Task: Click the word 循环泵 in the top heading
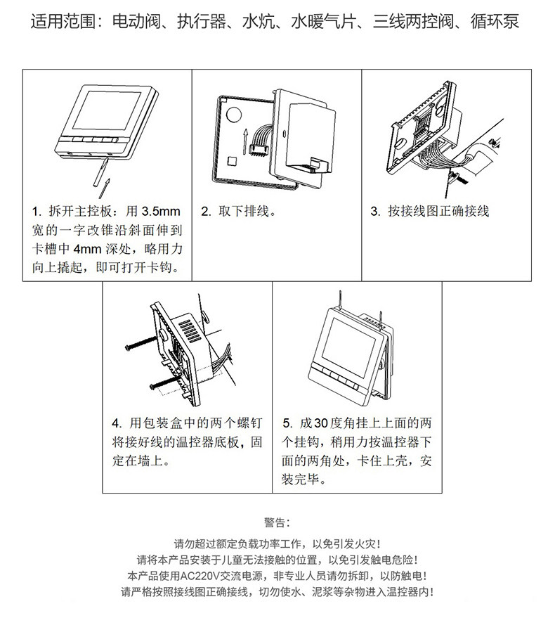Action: [x=495, y=22]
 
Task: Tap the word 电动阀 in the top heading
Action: [x=136, y=22]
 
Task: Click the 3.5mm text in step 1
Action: [x=161, y=211]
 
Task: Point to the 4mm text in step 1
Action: [x=87, y=249]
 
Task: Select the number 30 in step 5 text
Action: [x=321, y=423]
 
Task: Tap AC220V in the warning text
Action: [x=200, y=576]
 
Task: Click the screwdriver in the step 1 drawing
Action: [x=100, y=172]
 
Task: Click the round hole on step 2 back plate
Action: [x=234, y=114]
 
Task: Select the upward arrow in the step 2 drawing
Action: [x=244, y=141]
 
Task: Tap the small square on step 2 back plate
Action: [x=232, y=161]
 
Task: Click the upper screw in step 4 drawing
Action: [x=141, y=343]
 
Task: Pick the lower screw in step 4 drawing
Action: [x=164, y=382]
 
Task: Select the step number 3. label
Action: [x=375, y=211]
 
